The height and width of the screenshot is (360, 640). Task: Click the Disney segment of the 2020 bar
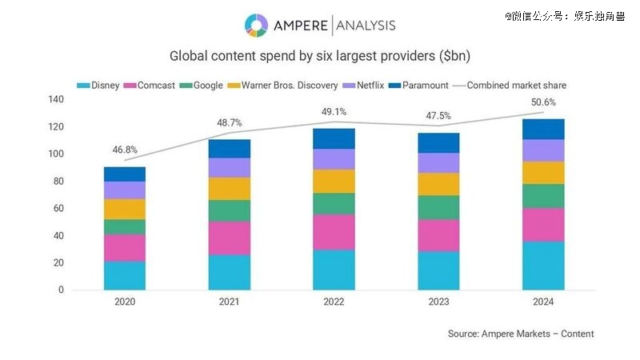125,275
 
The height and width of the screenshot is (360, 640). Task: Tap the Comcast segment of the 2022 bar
334,232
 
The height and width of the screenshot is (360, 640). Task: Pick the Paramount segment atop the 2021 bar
230,149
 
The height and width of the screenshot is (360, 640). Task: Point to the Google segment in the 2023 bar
438,207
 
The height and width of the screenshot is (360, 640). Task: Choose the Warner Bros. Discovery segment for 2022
334,181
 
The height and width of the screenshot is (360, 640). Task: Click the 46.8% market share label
124,149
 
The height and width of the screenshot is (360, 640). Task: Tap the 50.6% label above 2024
542,102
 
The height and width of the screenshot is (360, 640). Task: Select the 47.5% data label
438,115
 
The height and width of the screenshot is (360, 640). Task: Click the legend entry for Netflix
374,85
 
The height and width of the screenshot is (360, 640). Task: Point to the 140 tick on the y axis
55,99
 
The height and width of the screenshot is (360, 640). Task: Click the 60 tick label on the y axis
58,208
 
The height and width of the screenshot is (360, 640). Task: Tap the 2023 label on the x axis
438,302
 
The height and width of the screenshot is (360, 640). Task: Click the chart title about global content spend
320,57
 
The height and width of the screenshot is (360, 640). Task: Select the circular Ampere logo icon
257,25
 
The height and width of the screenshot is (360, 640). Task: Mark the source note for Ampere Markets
521,334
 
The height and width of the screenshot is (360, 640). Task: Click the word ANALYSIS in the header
366,26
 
